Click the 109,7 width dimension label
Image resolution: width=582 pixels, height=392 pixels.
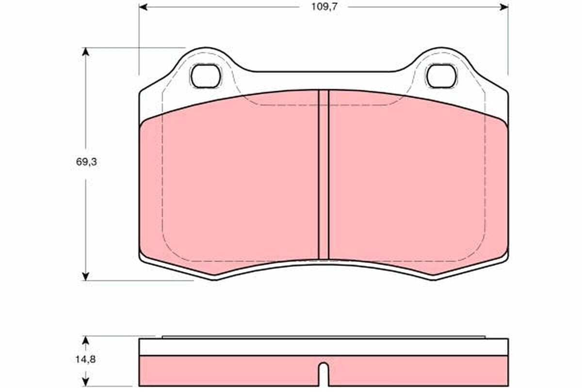pyautogui.click(x=324, y=7)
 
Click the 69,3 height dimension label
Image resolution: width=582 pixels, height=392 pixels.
pyautogui.click(x=86, y=162)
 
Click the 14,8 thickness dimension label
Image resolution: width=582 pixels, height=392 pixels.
pyautogui.click(x=85, y=359)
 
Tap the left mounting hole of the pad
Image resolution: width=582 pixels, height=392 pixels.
pyautogui.click(x=206, y=76)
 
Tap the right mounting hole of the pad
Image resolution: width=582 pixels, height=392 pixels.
pyautogui.click(x=441, y=76)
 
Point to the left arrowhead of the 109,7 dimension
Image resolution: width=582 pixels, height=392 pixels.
pyautogui.click(x=143, y=7)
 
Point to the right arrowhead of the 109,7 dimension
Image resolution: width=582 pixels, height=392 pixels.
pyautogui.click(x=504, y=7)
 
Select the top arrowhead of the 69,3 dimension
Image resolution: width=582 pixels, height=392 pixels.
pyautogui.click(x=85, y=52)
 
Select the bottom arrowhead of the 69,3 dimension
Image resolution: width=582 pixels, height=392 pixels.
pyautogui.click(x=85, y=277)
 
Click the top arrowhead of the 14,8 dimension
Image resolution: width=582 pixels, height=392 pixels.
pyautogui.click(x=85, y=340)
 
